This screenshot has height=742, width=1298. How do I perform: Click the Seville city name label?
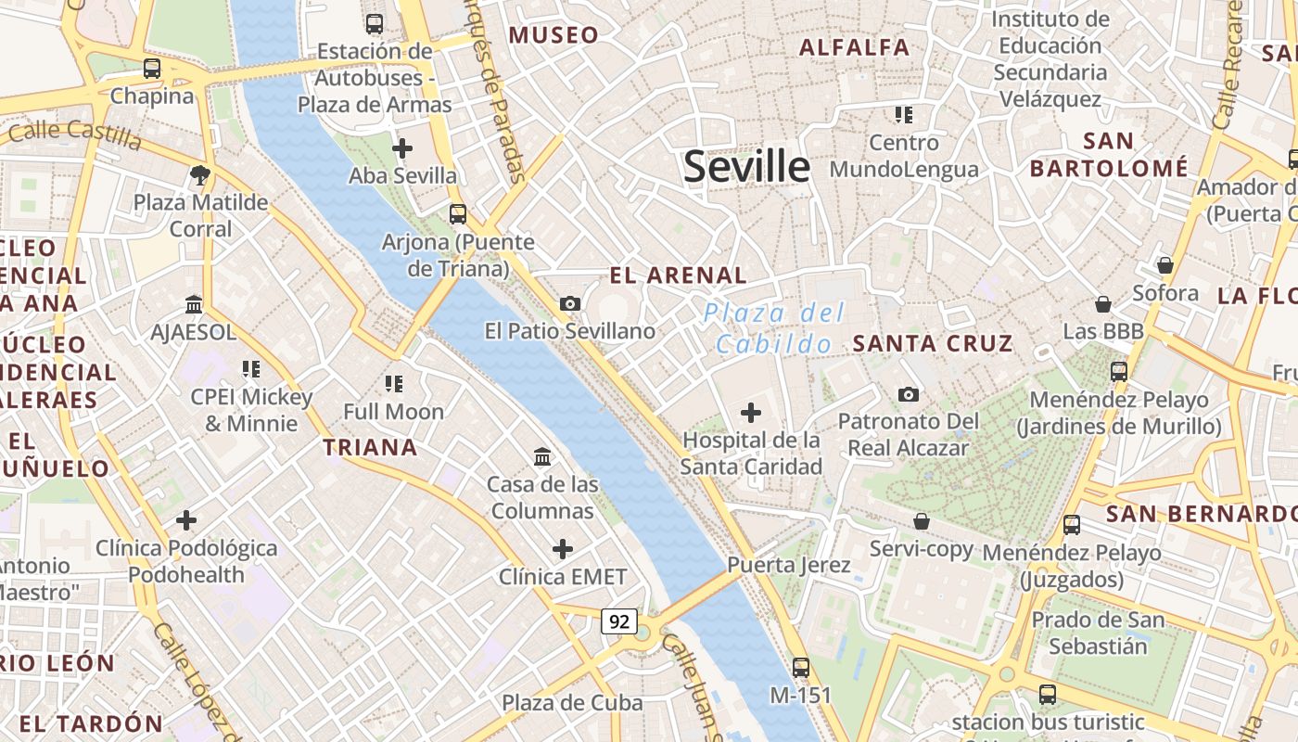click(746, 167)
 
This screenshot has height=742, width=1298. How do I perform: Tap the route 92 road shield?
click(618, 620)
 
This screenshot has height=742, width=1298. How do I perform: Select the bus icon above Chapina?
click(152, 69)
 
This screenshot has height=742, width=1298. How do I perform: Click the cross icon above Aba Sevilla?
click(402, 147)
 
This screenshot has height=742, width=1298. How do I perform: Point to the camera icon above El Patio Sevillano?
click(569, 303)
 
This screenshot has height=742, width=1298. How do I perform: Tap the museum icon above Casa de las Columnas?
click(542, 456)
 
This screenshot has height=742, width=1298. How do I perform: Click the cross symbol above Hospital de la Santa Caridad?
click(751, 413)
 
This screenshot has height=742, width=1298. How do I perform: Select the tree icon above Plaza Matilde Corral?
click(199, 174)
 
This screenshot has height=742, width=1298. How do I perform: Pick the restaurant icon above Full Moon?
click(393, 383)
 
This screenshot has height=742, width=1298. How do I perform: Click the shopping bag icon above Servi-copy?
click(922, 521)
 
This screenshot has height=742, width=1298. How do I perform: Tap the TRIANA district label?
click(370, 448)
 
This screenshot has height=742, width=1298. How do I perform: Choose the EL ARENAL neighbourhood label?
click(678, 275)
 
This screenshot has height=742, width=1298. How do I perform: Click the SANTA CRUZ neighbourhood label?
click(933, 344)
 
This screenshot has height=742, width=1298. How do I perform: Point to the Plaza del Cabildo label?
click(775, 328)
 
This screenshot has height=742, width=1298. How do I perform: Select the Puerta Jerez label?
click(788, 565)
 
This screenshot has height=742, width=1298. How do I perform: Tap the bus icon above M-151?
click(801, 667)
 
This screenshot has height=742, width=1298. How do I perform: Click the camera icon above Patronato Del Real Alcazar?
click(909, 394)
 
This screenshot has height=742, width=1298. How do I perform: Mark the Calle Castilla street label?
click(76, 134)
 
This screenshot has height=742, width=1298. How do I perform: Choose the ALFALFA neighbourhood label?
click(854, 47)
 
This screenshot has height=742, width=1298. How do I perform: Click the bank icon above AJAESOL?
click(194, 304)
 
